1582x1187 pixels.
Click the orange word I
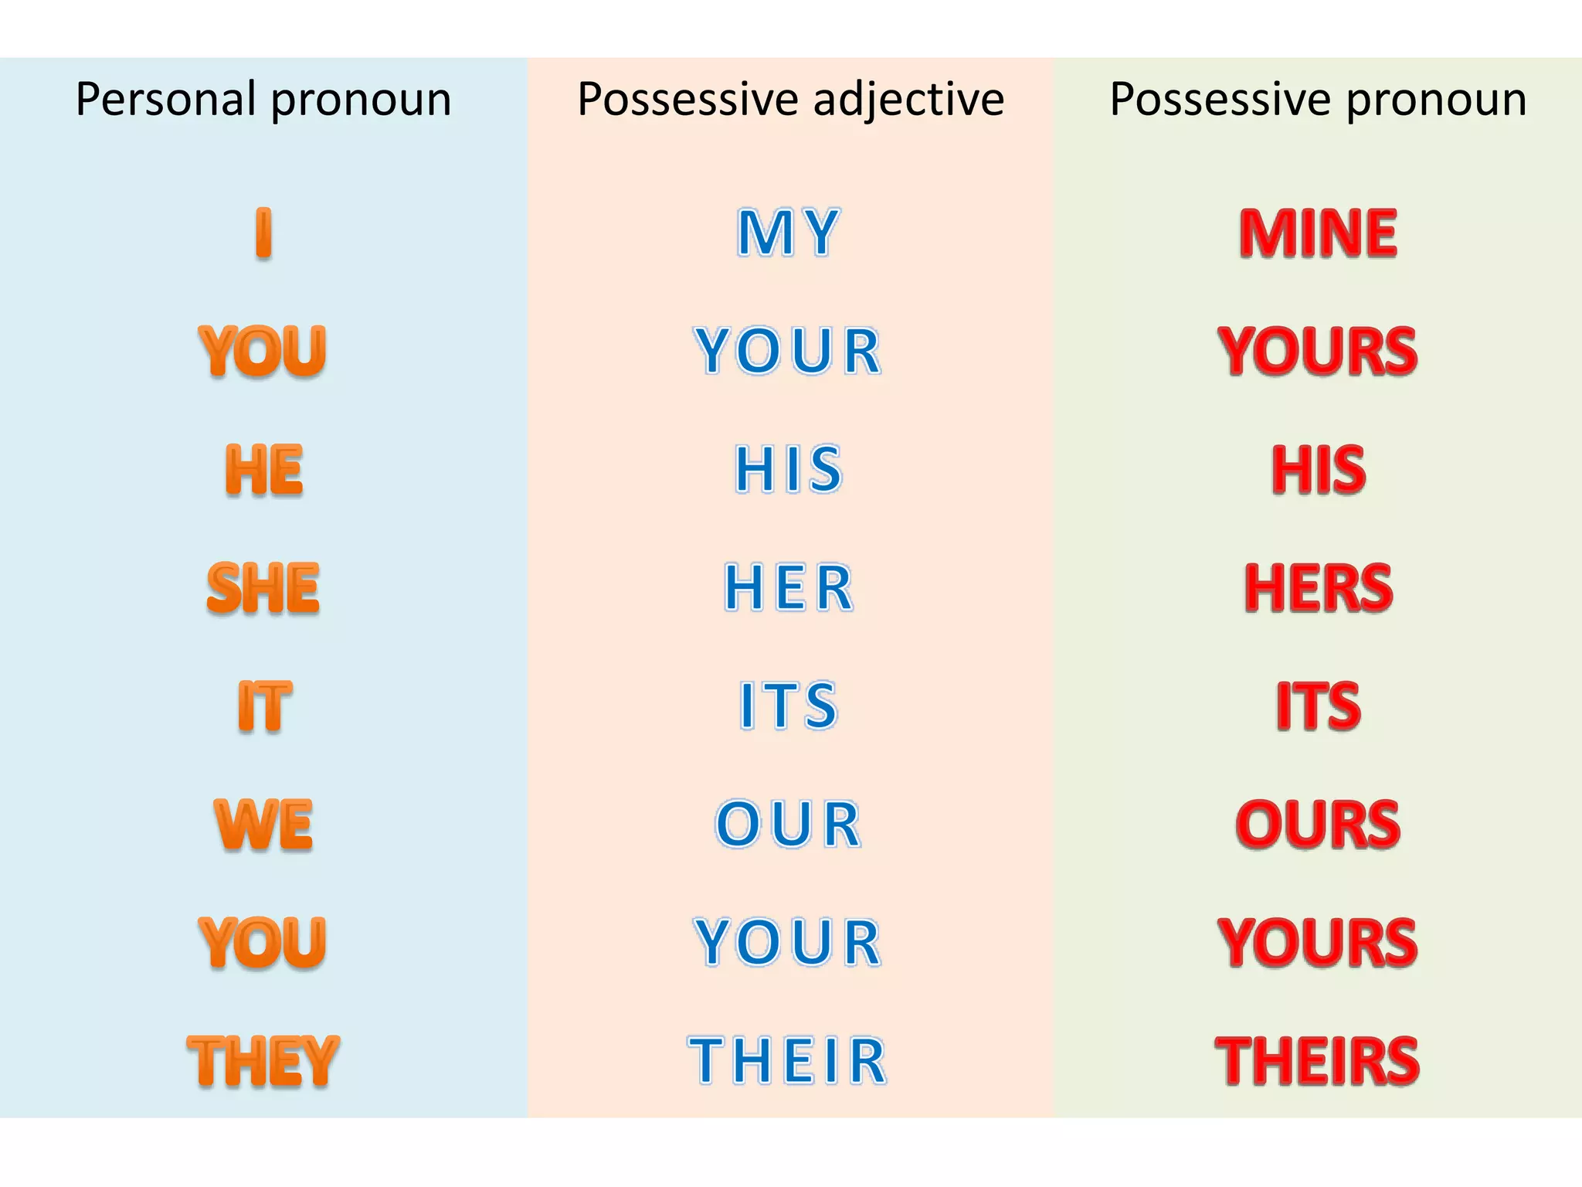tap(263, 233)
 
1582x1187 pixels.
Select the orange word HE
tap(263, 470)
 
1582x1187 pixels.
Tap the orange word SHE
tap(263, 588)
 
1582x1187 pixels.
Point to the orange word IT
tap(263, 706)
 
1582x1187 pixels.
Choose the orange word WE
tap(263, 825)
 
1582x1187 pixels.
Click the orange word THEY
tap(263, 1061)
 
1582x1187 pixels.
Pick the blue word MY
tap(788, 233)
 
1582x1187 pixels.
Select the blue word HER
tap(788, 588)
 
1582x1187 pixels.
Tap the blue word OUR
tap(788, 825)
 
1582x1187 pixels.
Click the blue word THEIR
tap(788, 1061)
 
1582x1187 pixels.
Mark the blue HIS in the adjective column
tap(788, 470)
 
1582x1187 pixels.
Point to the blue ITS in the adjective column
tap(788, 706)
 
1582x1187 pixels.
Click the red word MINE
tap(1318, 233)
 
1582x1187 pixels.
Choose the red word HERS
tap(1318, 588)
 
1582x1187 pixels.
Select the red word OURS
tap(1318, 825)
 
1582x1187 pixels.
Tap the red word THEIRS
tap(1318, 1061)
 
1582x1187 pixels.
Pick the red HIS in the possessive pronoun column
tap(1318, 470)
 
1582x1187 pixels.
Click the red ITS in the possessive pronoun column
tap(1318, 706)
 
